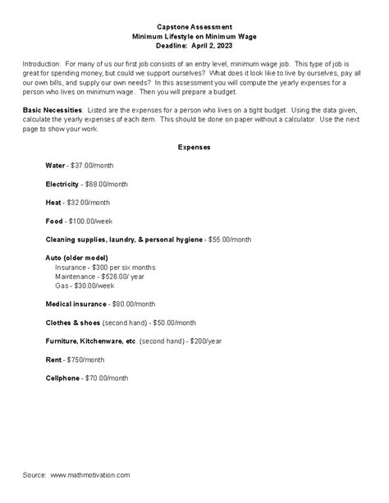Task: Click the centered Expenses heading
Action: (194, 147)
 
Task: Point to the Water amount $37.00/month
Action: (97, 165)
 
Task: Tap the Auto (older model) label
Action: (80, 258)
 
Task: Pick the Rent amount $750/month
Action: (86, 359)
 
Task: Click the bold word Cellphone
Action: (62, 378)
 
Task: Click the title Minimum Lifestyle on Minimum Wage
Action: (194, 37)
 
